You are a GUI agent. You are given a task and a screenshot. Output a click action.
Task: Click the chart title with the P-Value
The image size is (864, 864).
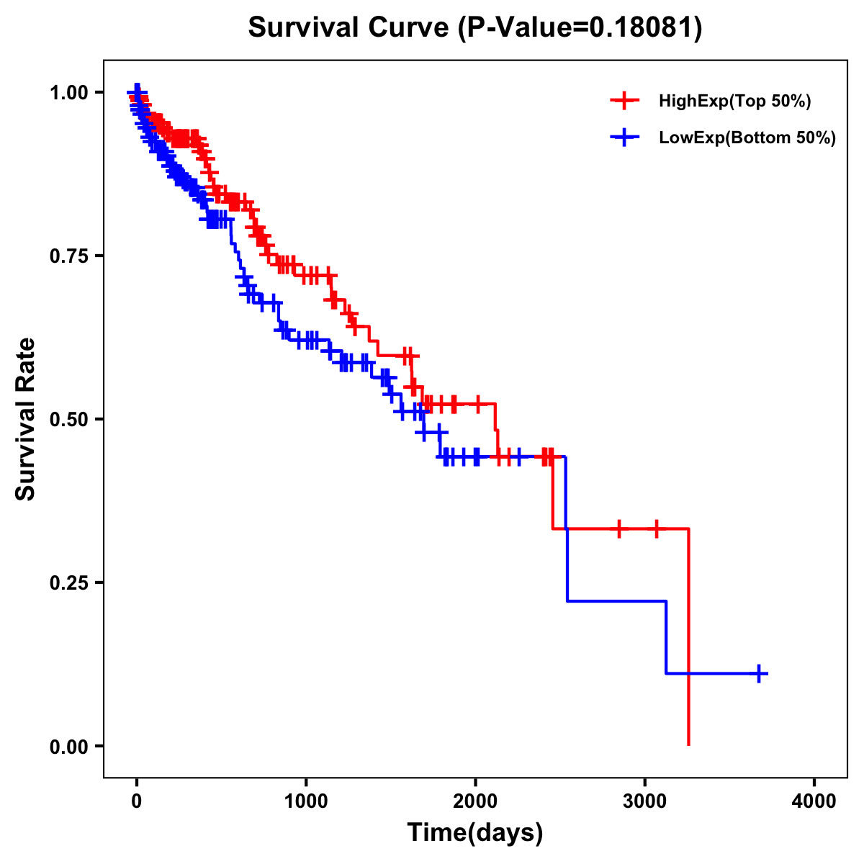coord(475,27)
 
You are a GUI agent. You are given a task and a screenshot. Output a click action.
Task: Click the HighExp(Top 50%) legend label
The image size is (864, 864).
coord(734,101)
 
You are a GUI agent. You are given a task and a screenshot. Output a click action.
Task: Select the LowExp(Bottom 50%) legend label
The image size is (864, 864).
coord(747,138)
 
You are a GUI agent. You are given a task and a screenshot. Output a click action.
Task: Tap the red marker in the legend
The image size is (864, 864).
coord(624,101)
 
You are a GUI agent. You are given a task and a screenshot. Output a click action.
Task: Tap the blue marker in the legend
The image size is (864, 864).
coord(624,138)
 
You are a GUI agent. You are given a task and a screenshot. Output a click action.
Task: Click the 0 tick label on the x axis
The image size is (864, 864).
coord(137,801)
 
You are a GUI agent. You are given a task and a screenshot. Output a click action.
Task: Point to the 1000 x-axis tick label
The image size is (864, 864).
coord(306,801)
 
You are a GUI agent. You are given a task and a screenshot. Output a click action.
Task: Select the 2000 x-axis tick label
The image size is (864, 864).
coord(475,801)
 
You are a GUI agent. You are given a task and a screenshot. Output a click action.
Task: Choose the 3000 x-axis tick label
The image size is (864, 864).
coord(644,801)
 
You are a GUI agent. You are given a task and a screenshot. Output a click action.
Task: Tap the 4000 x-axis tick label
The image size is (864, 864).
coord(814,801)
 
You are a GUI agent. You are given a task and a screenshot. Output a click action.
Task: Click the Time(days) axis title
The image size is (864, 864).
coord(475,833)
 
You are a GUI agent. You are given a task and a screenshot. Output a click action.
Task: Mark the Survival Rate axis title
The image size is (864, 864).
coord(26,419)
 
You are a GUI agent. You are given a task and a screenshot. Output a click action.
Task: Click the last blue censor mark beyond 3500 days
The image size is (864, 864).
coord(759,673)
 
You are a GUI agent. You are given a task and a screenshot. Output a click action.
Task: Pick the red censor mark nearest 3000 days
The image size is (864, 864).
coord(656,528)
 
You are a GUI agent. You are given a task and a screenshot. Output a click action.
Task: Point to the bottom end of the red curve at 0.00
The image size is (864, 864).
coord(689,744)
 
